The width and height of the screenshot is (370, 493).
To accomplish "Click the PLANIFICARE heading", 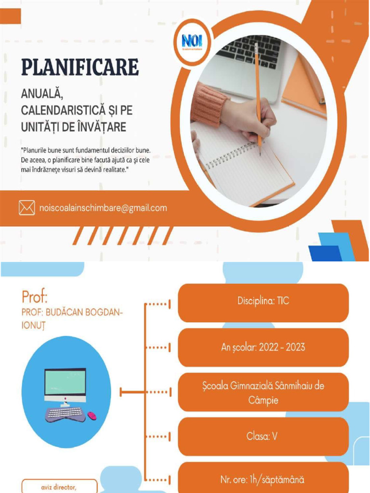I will (80, 67).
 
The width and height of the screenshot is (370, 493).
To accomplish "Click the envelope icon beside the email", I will (27, 208).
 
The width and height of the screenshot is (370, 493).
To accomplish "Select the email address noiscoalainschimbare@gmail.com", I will (103, 208).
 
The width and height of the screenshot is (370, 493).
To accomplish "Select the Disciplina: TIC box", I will (263, 301).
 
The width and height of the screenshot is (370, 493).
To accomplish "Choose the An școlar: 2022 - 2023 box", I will (263, 347).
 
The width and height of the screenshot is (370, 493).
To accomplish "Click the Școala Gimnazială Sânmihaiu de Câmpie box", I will (263, 392).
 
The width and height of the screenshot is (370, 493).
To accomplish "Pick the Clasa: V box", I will (263, 437).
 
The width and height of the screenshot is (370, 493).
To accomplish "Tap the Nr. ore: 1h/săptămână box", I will (263, 480).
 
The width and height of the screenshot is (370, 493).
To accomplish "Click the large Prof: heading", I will (35, 295).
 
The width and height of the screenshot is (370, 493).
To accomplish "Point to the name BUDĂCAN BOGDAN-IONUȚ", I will (72, 318).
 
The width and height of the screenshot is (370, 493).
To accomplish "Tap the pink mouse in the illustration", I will (92, 415).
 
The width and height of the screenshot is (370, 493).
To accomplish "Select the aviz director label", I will (59, 487).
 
